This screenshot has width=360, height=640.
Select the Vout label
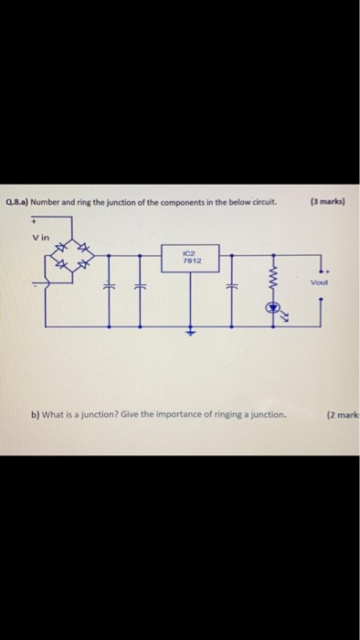pyautogui.click(x=319, y=283)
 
